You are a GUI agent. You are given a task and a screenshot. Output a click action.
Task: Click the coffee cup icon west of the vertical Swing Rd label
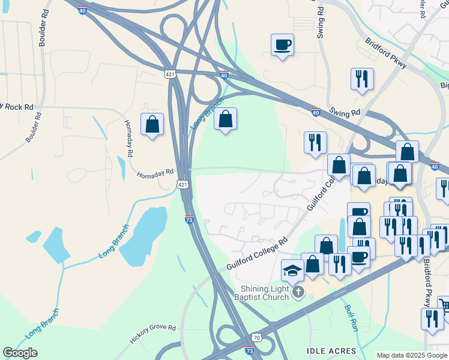(x=282, y=45)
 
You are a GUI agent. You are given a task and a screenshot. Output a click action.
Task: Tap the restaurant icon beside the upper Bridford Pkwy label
(x=362, y=79)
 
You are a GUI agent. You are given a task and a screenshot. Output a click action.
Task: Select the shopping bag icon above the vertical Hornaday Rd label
(x=152, y=124)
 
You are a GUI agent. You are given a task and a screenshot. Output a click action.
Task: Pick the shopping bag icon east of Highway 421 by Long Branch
(x=225, y=119)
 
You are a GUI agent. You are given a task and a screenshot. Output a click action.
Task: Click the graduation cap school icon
(x=292, y=271)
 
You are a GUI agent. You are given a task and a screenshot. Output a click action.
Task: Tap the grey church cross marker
(x=298, y=292)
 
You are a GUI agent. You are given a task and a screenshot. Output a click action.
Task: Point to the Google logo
(x=20, y=353)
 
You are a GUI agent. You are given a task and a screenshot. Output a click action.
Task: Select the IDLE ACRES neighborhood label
(x=331, y=351)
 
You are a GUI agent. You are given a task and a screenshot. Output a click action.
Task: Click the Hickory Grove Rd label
(x=153, y=335)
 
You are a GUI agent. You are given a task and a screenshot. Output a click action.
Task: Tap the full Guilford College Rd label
(x=258, y=253)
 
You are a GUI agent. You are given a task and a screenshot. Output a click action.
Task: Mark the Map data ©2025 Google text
(x=412, y=355)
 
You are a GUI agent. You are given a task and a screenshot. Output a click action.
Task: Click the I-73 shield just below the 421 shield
(x=189, y=220)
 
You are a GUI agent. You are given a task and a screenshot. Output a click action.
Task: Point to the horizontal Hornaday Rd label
(x=154, y=174)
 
